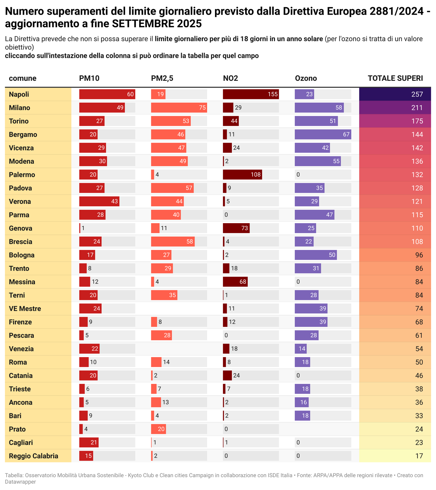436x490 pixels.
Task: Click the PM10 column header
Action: point(89,78)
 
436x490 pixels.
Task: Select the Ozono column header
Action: point(306,78)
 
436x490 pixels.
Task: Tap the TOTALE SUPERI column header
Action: point(395,78)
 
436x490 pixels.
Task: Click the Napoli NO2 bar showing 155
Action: point(251,94)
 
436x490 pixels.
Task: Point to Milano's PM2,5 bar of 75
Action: point(179,107)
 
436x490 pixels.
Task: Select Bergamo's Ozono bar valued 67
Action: point(323,135)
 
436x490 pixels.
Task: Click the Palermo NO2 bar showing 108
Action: point(242,175)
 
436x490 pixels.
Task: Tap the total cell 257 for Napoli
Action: point(395,94)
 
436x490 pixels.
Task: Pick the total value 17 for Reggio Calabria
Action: point(395,456)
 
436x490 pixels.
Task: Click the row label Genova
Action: point(20,228)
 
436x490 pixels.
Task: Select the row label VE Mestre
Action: point(25,309)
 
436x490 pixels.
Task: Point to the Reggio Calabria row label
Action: point(34,456)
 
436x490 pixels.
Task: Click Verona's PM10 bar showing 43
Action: point(99,201)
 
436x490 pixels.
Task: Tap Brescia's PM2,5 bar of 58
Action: point(173,242)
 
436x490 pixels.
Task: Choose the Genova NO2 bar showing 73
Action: point(236,228)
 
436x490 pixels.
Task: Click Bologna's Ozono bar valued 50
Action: point(316,255)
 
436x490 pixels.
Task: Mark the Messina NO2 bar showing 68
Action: point(235,282)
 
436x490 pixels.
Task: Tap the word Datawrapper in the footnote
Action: point(20,482)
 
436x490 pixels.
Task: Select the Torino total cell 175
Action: point(395,121)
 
